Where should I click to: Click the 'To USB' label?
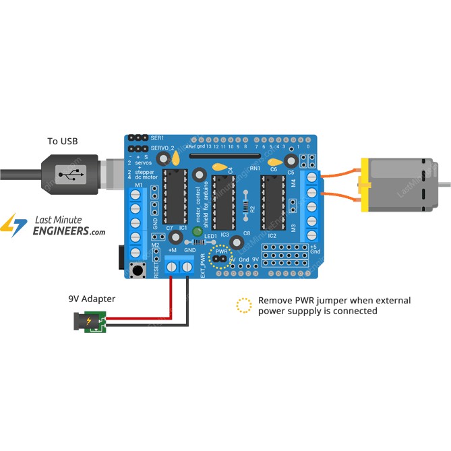coord(62,141)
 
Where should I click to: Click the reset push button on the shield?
coord(140,271)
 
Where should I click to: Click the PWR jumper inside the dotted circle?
coord(219,258)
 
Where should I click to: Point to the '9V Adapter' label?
coord(92,298)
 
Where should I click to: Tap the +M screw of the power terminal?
coord(172,268)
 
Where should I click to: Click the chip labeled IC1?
coord(175,196)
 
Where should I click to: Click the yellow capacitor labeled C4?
coord(220,167)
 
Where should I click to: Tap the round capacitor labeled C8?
coord(236,243)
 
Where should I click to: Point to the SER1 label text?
coord(158,138)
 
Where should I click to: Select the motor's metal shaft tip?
coord(446,183)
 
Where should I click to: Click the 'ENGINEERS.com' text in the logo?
coord(69,231)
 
